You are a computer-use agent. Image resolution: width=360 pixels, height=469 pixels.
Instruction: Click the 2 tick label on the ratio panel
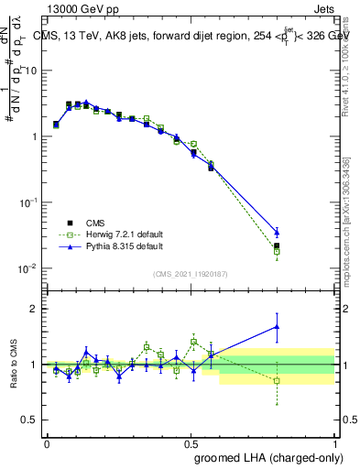pos(32,309)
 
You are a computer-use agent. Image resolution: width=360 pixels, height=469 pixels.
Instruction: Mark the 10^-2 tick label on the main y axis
pos(25,268)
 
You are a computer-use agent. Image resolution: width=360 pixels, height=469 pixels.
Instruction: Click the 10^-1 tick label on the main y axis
pos(25,202)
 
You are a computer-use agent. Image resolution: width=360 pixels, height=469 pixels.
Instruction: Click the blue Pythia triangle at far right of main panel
pos(277,233)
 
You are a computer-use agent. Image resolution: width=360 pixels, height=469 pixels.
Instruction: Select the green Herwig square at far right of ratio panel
pos(277,380)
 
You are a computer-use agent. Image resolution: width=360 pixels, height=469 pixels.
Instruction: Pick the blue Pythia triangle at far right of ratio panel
pos(277,326)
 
